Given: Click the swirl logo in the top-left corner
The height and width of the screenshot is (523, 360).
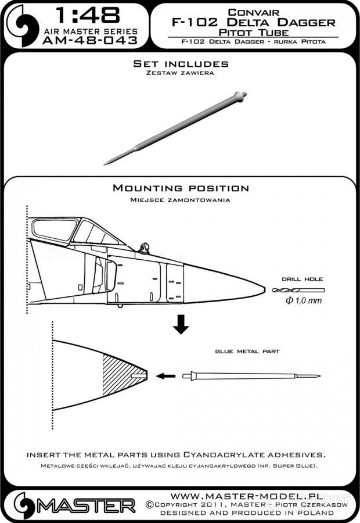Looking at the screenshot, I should click(x=20, y=25).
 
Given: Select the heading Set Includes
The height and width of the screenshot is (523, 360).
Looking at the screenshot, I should click(x=181, y=63).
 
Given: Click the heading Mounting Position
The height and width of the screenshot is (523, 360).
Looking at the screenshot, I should click(x=181, y=188).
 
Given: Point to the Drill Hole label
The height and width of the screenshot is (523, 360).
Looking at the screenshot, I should click(x=302, y=279).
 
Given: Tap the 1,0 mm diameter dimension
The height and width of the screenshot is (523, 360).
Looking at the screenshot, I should click(x=302, y=301).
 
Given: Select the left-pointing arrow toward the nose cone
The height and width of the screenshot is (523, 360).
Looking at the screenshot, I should click(x=167, y=376).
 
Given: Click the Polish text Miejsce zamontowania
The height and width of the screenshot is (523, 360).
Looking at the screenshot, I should click(x=181, y=199).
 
